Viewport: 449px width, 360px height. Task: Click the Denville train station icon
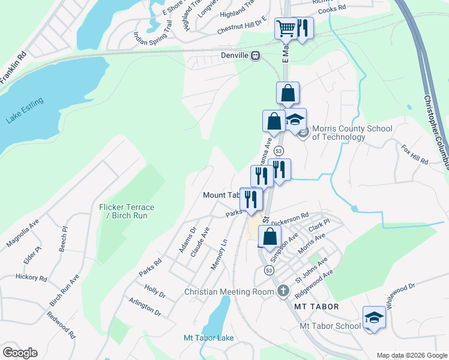[256, 56]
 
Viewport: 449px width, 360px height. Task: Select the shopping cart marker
[286, 28]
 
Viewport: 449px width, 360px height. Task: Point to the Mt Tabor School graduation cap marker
[374, 317]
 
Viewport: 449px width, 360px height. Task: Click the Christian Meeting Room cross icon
[283, 292]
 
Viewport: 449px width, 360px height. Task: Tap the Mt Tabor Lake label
[208, 338]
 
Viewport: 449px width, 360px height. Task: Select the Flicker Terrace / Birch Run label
[127, 211]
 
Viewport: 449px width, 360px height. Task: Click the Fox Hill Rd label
[415, 154]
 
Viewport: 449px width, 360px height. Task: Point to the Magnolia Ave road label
[22, 233]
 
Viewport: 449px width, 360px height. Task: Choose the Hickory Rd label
[31, 278]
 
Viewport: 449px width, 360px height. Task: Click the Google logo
[20, 353]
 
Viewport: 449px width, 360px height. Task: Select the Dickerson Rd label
[292, 216]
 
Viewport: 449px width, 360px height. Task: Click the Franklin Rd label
[13, 67]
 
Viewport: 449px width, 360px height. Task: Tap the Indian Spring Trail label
[153, 38]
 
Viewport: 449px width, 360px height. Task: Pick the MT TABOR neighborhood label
[316, 307]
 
